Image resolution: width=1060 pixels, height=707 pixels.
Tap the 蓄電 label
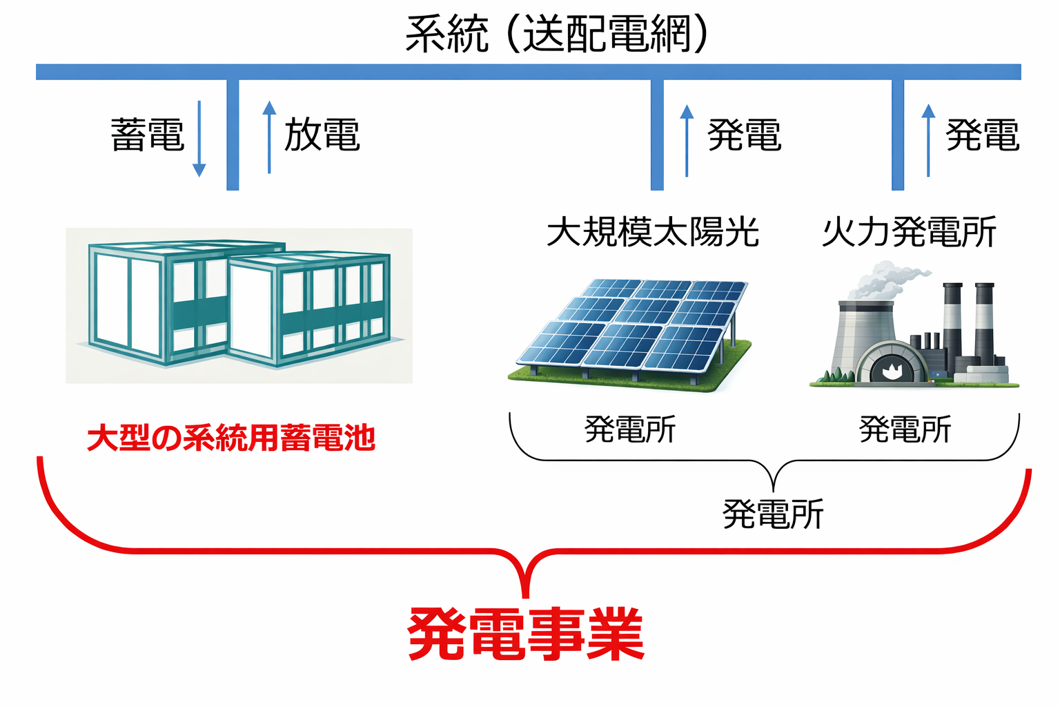(x=148, y=135)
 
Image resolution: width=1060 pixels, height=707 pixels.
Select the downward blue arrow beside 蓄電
(x=199, y=138)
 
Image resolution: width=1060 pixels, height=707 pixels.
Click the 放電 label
(x=322, y=135)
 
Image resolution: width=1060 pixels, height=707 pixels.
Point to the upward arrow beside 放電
(x=269, y=137)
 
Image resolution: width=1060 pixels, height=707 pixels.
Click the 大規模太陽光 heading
(x=652, y=232)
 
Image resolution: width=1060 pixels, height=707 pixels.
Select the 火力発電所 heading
(x=909, y=232)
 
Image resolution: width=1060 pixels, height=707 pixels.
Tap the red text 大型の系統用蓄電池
(x=231, y=438)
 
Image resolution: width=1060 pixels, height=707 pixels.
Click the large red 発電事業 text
(x=526, y=634)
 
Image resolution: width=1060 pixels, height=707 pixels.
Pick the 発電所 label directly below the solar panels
(x=630, y=429)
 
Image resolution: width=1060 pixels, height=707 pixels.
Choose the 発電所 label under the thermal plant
(x=905, y=429)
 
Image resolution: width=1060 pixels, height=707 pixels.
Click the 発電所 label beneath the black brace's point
(x=773, y=514)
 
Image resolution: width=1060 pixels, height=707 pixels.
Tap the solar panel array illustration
(x=631, y=331)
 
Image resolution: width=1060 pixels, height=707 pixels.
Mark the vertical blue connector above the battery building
(x=233, y=135)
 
